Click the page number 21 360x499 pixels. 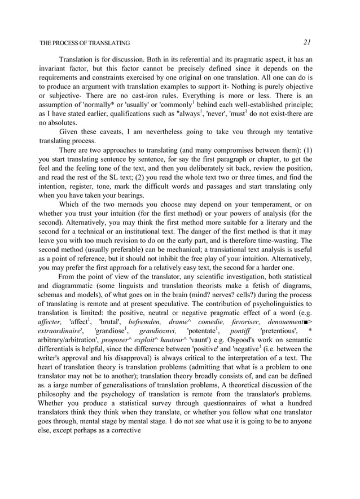[308, 42]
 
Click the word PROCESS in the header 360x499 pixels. [72, 43]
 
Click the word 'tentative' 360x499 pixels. [296, 131]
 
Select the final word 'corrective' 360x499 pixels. [121, 435]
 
